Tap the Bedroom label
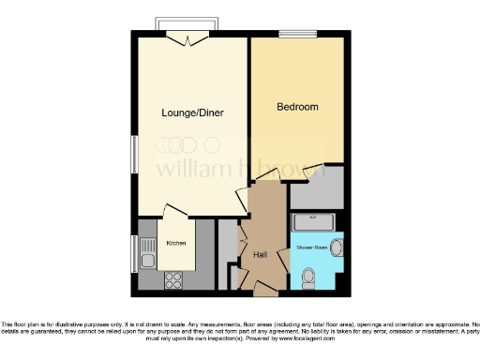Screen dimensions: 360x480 (x=297, y=107)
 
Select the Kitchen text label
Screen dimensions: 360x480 (x=176, y=243)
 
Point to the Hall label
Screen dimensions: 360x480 (x=261, y=253)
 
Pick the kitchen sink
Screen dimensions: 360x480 (x=146, y=252)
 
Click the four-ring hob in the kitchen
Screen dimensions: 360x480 (x=173, y=278)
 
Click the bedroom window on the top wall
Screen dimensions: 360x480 (x=305, y=34)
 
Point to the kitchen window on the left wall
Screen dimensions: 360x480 (x=133, y=251)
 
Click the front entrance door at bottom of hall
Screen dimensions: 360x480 (x=259, y=288)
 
